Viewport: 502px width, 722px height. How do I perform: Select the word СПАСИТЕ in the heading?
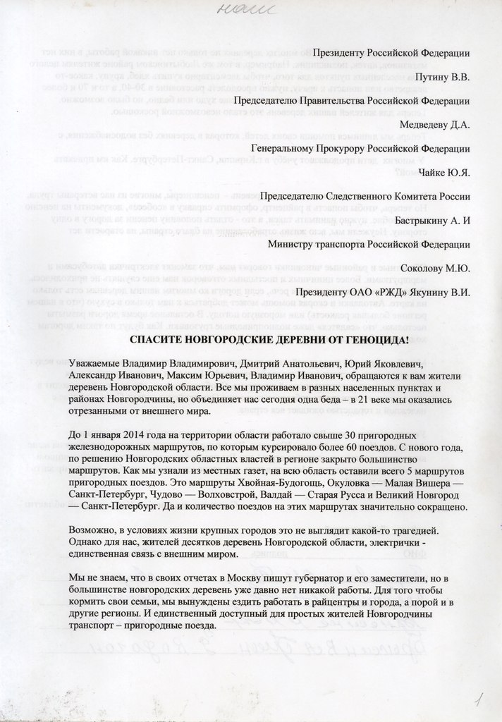point(157,340)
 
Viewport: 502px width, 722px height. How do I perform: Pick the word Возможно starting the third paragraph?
point(97,530)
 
